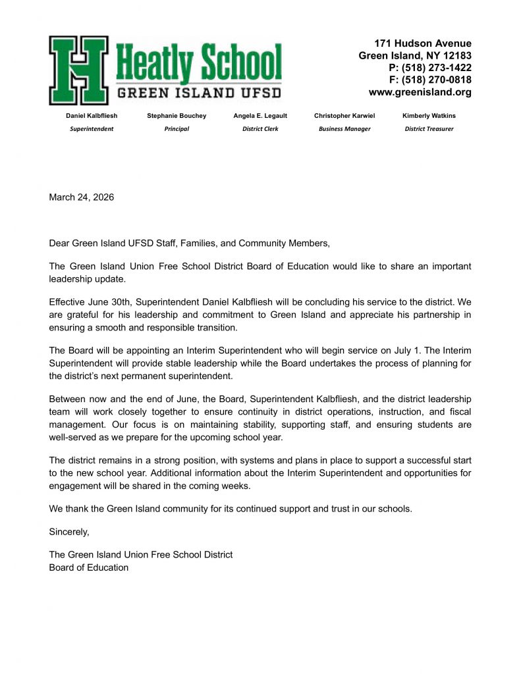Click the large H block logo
tap(78, 70)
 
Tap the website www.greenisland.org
tap(420, 92)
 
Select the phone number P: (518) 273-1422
tap(430, 68)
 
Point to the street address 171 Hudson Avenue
tap(423, 43)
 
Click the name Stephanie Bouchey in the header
tap(177, 116)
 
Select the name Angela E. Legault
tap(260, 116)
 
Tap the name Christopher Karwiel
tap(344, 116)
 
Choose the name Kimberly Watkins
tap(429, 116)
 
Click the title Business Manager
tap(344, 129)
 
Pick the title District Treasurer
tap(429, 129)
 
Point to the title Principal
tap(177, 129)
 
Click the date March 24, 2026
tap(81, 197)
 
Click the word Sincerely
tap(69, 531)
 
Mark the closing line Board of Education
tap(89, 567)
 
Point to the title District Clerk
tap(260, 129)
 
